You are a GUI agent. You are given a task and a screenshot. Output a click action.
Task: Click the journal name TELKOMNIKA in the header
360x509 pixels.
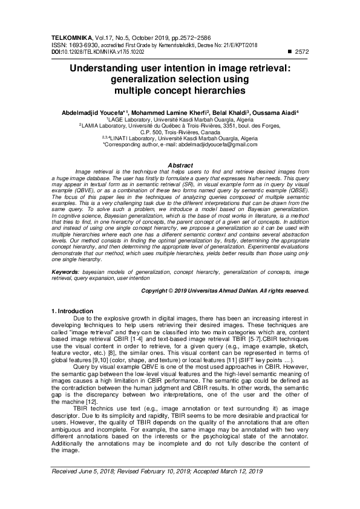(x=69, y=38)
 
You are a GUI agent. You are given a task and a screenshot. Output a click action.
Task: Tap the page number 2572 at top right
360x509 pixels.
(x=300, y=51)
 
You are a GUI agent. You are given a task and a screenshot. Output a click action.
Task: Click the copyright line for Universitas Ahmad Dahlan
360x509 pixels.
(x=225, y=291)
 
